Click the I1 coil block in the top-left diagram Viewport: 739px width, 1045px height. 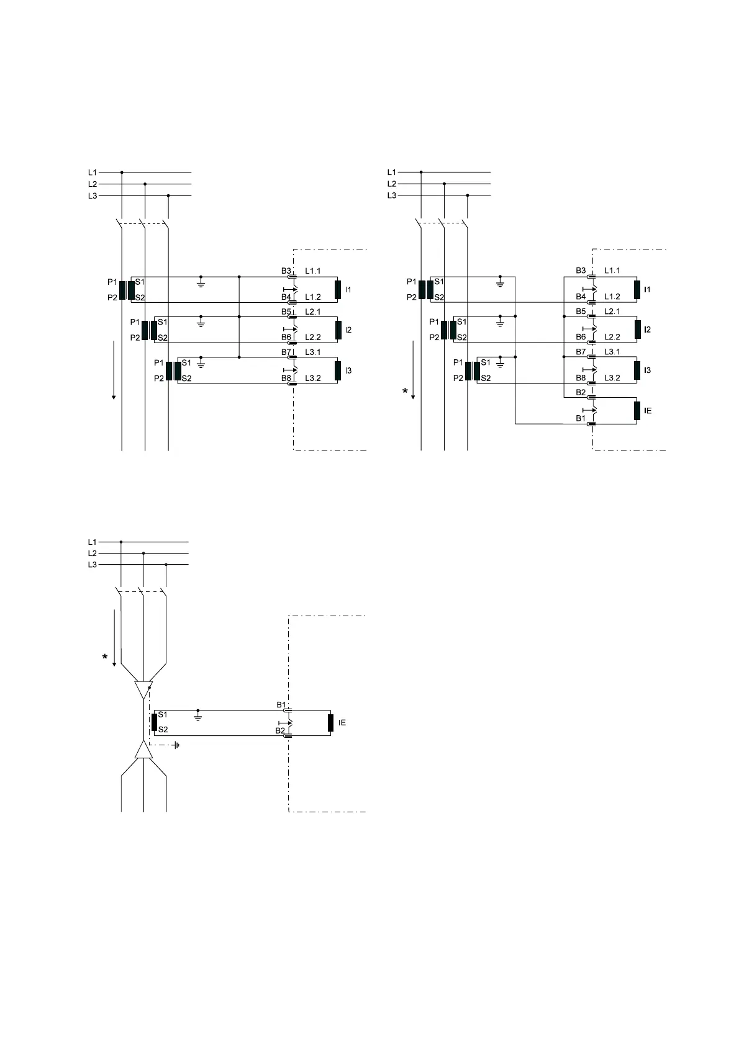pos(338,290)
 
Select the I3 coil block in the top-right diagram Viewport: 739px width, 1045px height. pos(637,370)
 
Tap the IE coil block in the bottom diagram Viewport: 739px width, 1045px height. pos(331,723)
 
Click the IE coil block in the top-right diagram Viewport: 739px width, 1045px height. pos(637,411)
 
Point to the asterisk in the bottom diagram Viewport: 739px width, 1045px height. pos(105,657)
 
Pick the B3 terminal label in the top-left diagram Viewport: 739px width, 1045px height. pos(286,271)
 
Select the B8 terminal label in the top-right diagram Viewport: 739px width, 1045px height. pos(581,378)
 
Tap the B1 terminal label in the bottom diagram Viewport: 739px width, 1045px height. pos(281,705)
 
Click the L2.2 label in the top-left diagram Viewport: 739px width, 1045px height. pos(313,338)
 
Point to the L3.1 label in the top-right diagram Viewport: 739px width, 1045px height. pos(612,352)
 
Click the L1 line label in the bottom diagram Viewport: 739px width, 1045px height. pos(92,542)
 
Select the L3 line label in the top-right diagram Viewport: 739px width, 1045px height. pos(392,195)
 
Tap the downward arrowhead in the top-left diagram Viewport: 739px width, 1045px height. pos(114,397)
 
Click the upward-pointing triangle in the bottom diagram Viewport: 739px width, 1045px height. pos(143,750)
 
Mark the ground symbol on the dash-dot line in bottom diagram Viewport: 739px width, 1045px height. pos(176,745)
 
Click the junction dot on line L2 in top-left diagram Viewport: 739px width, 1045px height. pos(145,184)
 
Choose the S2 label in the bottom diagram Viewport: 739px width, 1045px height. pos(163,730)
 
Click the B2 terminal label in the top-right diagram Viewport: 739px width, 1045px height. pos(581,392)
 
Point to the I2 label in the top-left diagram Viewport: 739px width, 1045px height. pos(348,330)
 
